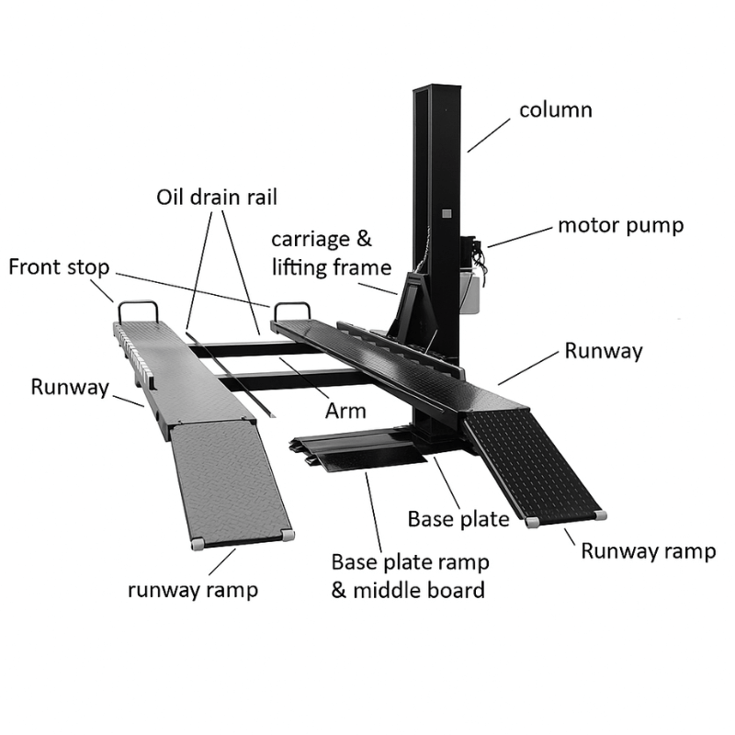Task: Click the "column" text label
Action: (555, 111)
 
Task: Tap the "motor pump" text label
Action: (620, 225)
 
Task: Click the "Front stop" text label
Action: (59, 267)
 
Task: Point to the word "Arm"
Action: (345, 411)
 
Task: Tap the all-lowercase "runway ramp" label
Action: (192, 589)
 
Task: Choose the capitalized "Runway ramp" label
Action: (648, 551)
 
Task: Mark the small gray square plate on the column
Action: (447, 213)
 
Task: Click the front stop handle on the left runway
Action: (137, 311)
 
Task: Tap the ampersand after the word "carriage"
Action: (364, 241)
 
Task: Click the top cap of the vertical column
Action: (436, 88)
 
